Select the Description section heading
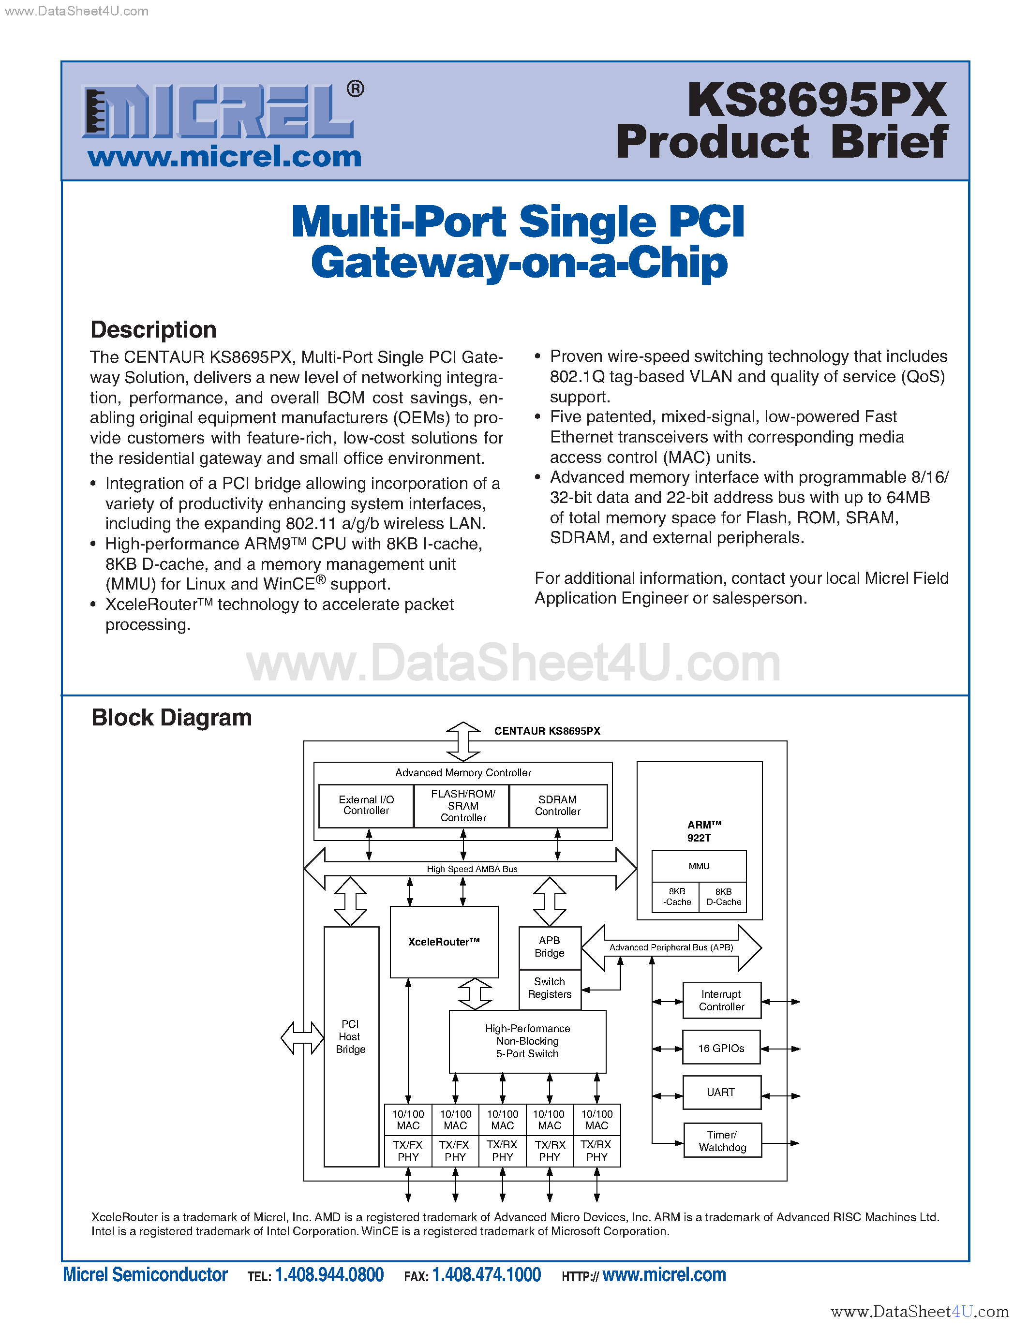(x=153, y=329)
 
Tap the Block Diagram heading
(x=172, y=717)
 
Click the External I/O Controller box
(x=366, y=805)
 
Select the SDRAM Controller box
(x=558, y=805)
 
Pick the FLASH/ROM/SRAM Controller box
(x=463, y=805)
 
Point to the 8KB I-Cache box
(x=676, y=896)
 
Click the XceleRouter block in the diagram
(x=444, y=942)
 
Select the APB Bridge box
(x=550, y=947)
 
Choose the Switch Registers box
(x=550, y=988)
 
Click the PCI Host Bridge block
(x=351, y=1036)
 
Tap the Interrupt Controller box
(x=722, y=1001)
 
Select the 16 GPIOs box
(x=721, y=1048)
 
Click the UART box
(x=721, y=1093)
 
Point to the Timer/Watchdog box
(x=722, y=1140)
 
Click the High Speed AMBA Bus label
(x=472, y=869)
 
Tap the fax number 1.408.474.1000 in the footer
(x=486, y=1274)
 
